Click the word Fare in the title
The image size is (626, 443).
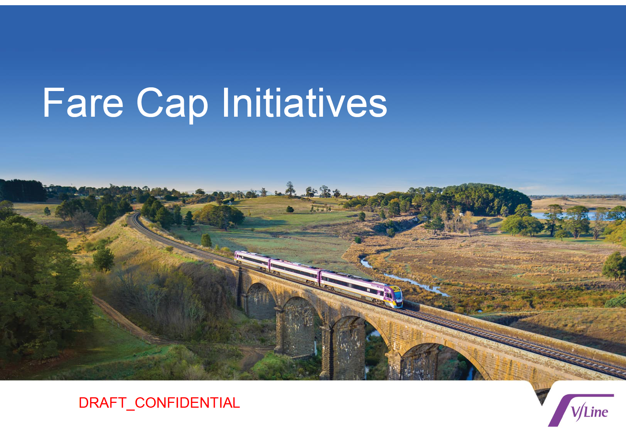tap(83, 103)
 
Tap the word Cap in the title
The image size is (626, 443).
tap(172, 106)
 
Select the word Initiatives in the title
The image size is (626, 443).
tap(305, 102)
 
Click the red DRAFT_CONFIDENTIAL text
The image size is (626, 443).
tap(159, 403)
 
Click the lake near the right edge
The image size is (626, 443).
tap(567, 216)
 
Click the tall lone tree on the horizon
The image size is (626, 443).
tap(290, 189)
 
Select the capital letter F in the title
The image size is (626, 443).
tap(53, 103)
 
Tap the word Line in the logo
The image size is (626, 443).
tap(596, 412)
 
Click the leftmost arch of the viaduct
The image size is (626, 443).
tap(260, 301)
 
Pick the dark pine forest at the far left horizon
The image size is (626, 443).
tap(22, 190)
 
